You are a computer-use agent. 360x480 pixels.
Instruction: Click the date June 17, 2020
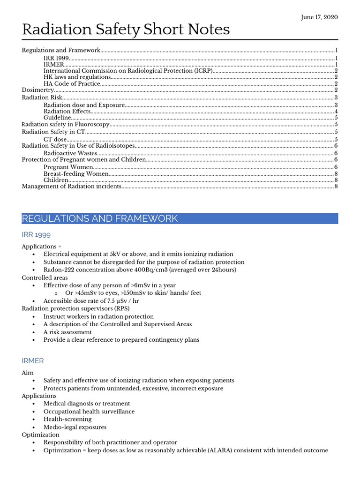point(319,17)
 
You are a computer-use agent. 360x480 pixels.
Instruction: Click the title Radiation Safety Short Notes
point(126,30)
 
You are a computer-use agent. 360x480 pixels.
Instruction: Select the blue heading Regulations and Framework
point(100,218)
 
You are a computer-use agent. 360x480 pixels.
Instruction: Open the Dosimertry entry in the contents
point(38,90)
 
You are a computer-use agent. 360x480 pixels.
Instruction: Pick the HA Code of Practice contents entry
point(72,83)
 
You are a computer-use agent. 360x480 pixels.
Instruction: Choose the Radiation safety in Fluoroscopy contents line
point(66,124)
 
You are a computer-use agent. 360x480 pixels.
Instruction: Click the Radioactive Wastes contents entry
point(70,153)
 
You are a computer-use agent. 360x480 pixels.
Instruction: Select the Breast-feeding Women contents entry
point(76,173)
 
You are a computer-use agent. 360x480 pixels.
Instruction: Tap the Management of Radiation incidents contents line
point(72,187)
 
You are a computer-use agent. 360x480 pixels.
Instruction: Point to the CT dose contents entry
point(55,139)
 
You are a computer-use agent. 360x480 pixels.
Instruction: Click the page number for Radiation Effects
point(336,112)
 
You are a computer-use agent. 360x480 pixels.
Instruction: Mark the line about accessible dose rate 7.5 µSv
point(91,301)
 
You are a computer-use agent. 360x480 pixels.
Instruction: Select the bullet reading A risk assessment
point(67,332)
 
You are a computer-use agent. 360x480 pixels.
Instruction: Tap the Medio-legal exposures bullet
point(75,427)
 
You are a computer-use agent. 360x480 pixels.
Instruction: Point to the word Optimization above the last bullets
point(41,435)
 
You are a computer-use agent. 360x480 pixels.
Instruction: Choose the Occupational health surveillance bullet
point(89,412)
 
